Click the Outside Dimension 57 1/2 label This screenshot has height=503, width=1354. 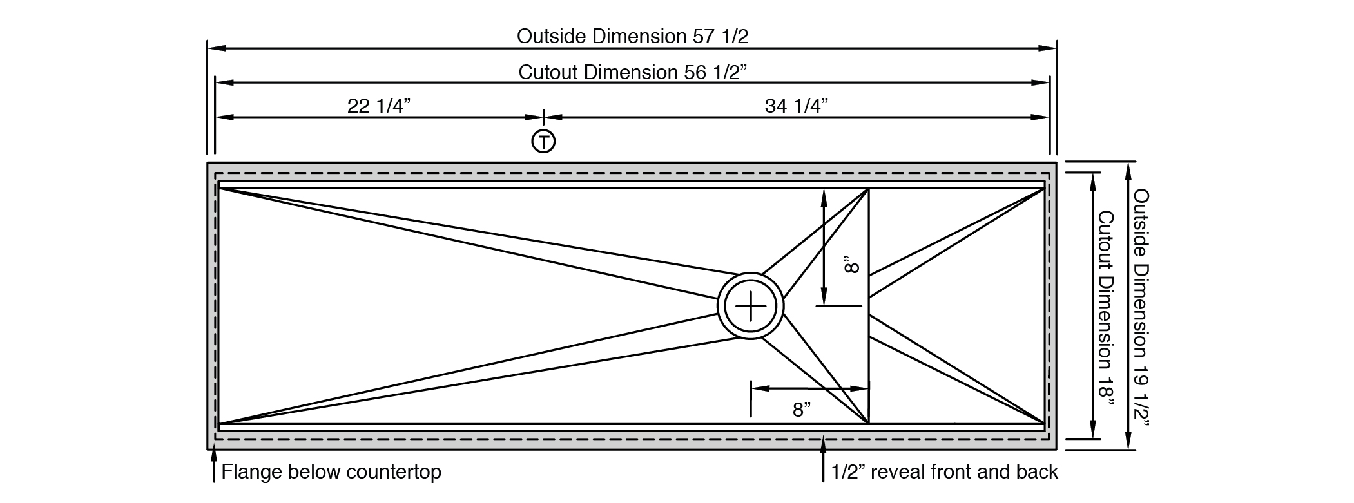pos(632,36)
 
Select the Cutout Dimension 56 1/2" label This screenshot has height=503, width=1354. pos(632,71)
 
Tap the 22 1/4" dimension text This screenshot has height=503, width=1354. pos(379,106)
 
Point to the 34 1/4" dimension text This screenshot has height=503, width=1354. pos(796,106)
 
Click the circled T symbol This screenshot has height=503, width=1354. pos(543,141)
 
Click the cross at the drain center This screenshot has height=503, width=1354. pos(751,307)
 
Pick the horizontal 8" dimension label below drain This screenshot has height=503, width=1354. pos(802,410)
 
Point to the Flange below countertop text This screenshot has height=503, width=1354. pos(331,472)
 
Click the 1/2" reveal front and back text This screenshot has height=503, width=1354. pos(944,472)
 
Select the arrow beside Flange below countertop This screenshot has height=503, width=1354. pos(213,465)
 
